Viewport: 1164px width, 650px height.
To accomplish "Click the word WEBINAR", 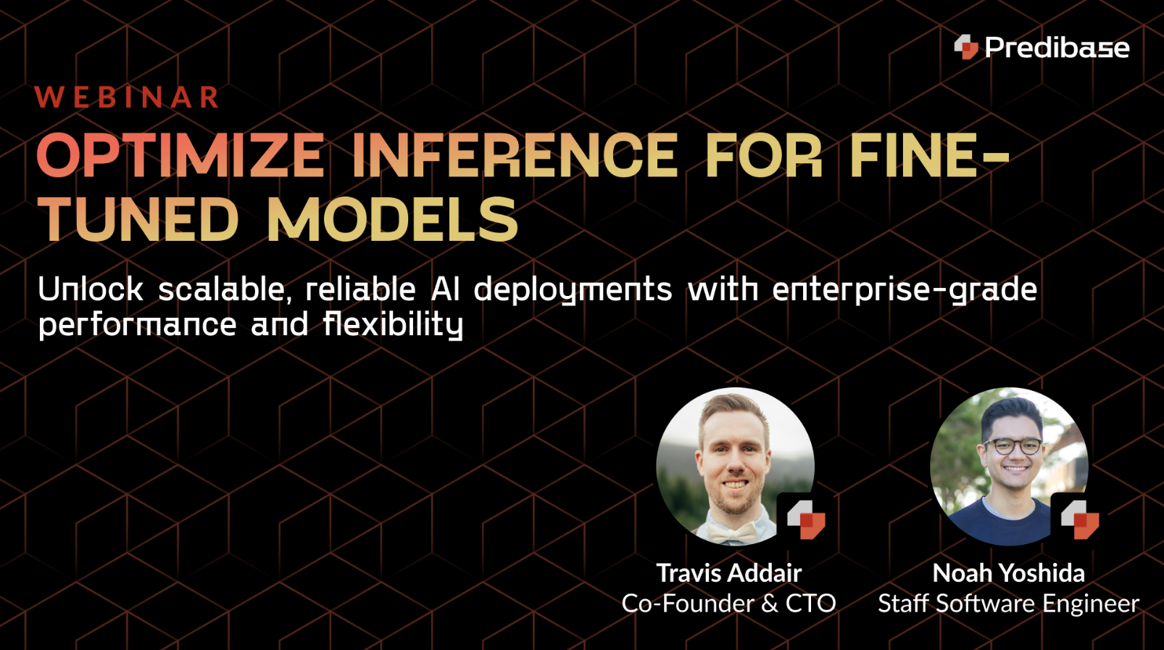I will tap(127, 97).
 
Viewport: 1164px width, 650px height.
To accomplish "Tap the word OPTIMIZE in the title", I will tap(180, 155).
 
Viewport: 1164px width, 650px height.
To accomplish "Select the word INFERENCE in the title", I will tap(515, 155).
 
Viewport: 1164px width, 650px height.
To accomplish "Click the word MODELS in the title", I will tap(392, 220).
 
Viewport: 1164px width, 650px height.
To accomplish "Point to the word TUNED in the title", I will tap(138, 220).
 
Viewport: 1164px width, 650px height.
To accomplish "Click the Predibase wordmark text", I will tap(1057, 48).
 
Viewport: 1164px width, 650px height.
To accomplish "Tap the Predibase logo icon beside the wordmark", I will tap(966, 47).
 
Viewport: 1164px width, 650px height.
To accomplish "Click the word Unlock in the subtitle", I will tap(91, 289).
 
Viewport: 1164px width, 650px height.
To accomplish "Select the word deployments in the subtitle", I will tap(573, 290).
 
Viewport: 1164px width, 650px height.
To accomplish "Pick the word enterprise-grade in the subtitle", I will tap(905, 290).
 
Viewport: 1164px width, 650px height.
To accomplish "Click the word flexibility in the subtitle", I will tap(393, 324).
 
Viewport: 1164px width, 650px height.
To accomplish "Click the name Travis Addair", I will tap(728, 573).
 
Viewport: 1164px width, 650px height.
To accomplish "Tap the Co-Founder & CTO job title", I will tap(728, 604).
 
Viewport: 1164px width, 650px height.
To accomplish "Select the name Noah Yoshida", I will tap(1008, 573).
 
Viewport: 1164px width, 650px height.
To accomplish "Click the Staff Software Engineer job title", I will tap(1008, 604).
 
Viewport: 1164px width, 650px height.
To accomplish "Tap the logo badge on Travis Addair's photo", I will tap(806, 519).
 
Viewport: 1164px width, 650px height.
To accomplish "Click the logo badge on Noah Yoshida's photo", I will tap(1080, 519).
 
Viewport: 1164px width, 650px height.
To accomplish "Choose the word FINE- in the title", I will tap(928, 155).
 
